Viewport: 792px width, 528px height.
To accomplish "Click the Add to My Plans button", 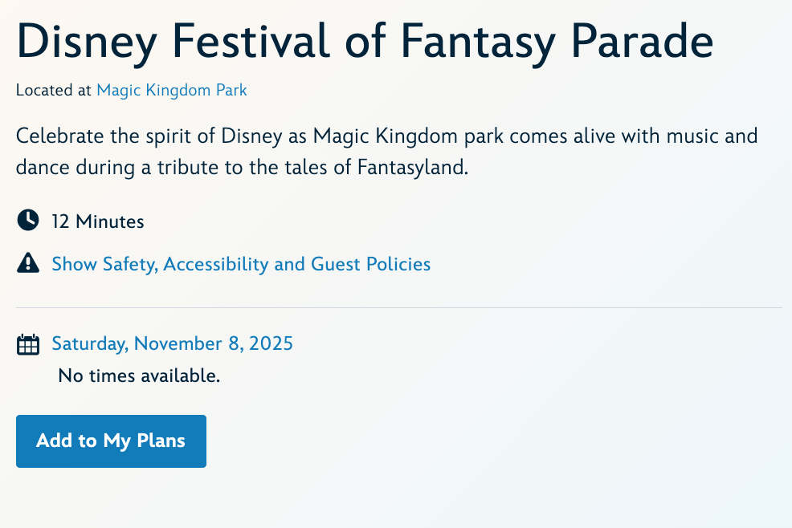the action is tap(111, 441).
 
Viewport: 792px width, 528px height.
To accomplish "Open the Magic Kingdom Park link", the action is tap(172, 91).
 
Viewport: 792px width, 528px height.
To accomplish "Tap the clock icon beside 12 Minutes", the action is tap(28, 221).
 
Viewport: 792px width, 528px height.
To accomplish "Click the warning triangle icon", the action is tap(28, 263).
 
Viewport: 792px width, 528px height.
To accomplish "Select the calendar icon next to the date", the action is tap(28, 344).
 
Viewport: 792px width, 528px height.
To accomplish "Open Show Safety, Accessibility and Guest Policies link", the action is tap(241, 265).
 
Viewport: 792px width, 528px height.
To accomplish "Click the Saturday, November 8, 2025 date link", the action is tap(172, 343).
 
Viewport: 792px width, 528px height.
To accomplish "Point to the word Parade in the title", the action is tap(643, 41).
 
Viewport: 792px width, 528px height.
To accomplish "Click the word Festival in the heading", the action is tap(251, 41).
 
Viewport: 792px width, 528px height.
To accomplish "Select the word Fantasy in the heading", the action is tap(478, 44).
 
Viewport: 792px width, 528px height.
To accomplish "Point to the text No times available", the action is tap(139, 376).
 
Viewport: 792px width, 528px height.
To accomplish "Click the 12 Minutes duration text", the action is tap(98, 221).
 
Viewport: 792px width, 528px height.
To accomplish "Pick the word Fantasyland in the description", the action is tap(413, 168).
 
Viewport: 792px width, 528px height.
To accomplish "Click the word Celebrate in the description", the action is tap(60, 136).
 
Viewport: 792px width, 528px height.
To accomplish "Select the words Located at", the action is tap(54, 91).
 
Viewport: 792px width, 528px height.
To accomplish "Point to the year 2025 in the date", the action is tap(271, 343).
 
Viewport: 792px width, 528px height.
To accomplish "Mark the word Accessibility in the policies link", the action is tap(216, 265).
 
